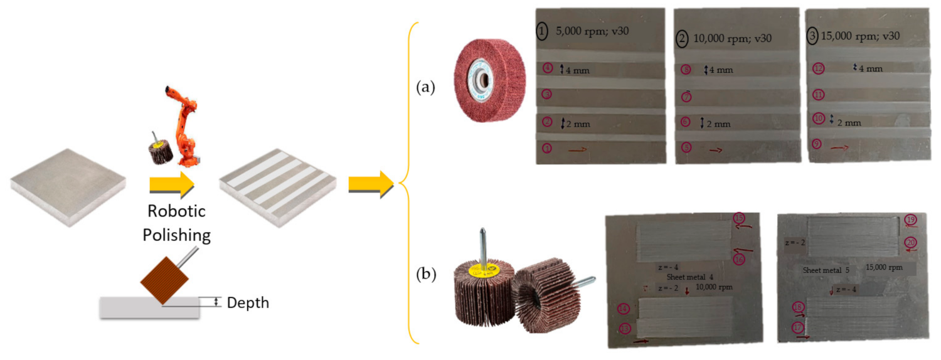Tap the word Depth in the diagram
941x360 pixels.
(248, 303)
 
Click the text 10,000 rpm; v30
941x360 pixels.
(732, 38)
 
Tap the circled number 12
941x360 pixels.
(818, 68)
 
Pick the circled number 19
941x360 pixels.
(911, 220)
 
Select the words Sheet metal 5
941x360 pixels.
(826, 270)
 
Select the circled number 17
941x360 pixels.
(798, 327)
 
